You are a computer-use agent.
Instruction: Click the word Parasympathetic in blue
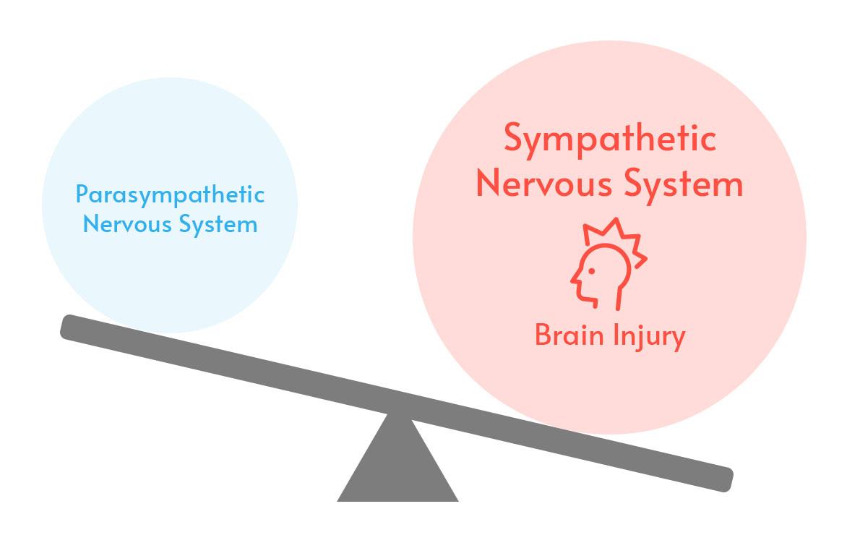pyautogui.click(x=170, y=195)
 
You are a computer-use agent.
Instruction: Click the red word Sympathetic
pyautogui.click(x=610, y=140)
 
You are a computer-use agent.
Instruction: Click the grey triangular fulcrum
pyautogui.click(x=398, y=470)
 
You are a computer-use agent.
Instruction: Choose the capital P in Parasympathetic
pyautogui.click(x=82, y=194)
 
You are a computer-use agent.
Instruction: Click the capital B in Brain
pyautogui.click(x=543, y=335)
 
